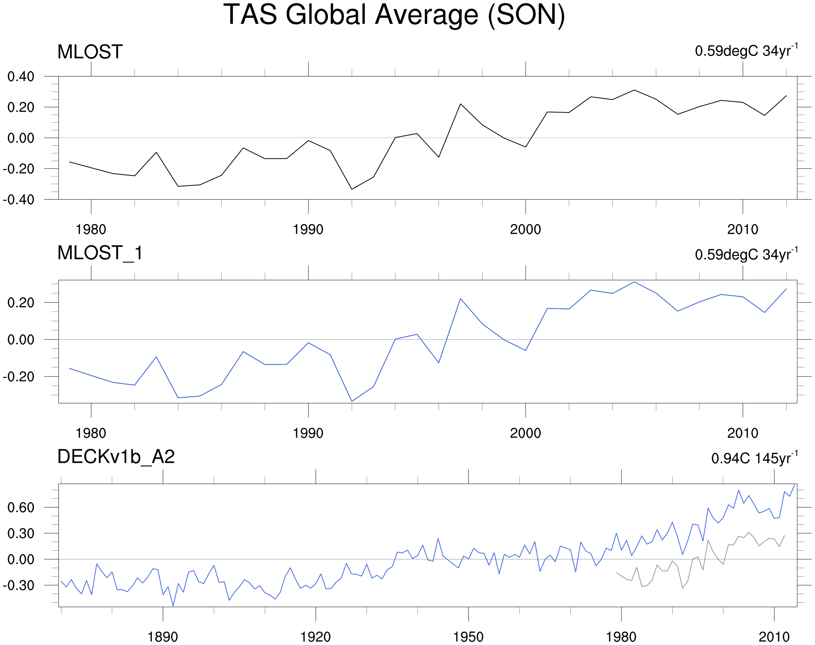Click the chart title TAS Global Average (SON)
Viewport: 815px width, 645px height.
click(394, 15)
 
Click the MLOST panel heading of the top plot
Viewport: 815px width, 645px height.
click(90, 52)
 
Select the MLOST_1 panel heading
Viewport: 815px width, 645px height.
click(100, 253)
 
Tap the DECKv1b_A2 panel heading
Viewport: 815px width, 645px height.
click(116, 457)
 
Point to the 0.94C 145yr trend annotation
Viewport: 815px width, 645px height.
click(754, 458)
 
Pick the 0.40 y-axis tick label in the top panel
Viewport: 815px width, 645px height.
click(21, 77)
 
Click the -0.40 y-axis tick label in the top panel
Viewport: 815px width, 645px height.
click(19, 200)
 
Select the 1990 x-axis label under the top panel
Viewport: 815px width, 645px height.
click(308, 230)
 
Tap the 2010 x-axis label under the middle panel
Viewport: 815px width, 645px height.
click(743, 433)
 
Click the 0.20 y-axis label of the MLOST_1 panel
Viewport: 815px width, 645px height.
click(21, 303)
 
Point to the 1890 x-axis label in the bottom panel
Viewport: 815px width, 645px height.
click(162, 637)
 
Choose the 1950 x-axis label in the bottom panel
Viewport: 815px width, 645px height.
click(468, 637)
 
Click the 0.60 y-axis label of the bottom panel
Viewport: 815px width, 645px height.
click(21, 508)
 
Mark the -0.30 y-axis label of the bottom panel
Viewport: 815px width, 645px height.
click(19, 586)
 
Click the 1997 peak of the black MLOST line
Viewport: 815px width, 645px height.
click(461, 104)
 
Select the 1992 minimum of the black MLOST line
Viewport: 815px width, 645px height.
click(352, 189)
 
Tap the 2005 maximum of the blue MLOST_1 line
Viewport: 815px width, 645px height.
click(634, 282)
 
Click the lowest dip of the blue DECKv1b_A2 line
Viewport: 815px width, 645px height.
click(173, 606)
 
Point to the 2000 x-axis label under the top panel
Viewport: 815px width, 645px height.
click(525, 230)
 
